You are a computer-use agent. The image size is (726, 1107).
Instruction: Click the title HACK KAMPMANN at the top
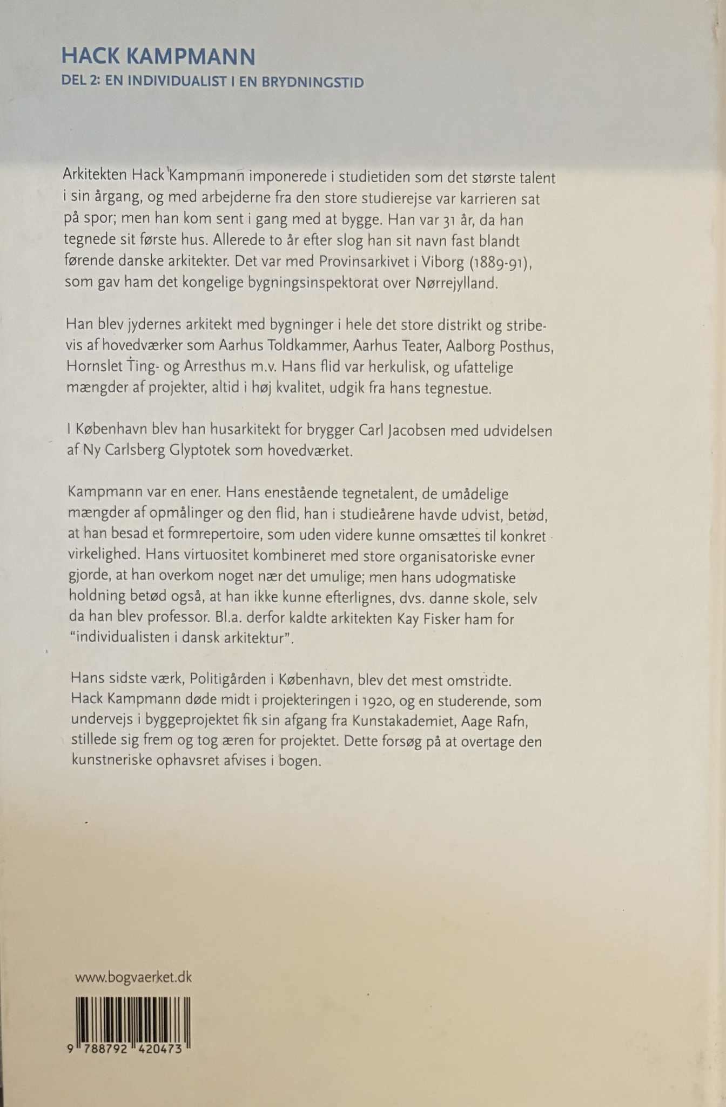click(158, 57)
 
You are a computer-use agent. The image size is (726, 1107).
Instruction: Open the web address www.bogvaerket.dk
click(133, 977)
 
